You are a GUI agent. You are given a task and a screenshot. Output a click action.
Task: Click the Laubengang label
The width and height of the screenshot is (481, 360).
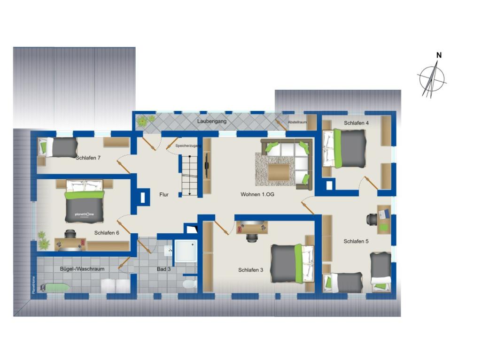[212, 121]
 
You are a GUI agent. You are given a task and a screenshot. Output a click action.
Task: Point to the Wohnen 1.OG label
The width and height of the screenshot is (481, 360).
[257, 194]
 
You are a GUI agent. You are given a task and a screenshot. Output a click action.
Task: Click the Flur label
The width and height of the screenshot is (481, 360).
[164, 194]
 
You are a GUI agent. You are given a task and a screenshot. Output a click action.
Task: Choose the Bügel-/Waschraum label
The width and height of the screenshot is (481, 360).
[82, 269]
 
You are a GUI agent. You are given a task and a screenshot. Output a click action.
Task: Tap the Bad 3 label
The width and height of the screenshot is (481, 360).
[164, 269]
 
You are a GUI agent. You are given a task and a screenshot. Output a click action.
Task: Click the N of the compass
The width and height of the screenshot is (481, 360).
[439, 55]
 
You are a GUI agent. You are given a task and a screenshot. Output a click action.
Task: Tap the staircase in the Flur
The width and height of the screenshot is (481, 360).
[188, 175]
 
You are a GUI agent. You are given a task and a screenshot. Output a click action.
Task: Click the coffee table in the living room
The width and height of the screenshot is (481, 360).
[279, 171]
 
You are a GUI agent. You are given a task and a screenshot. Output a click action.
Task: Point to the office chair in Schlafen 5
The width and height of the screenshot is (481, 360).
[372, 218]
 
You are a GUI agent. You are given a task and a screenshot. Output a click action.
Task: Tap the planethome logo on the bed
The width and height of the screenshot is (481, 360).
[84, 214]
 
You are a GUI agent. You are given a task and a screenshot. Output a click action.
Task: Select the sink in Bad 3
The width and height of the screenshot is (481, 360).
[168, 251]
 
